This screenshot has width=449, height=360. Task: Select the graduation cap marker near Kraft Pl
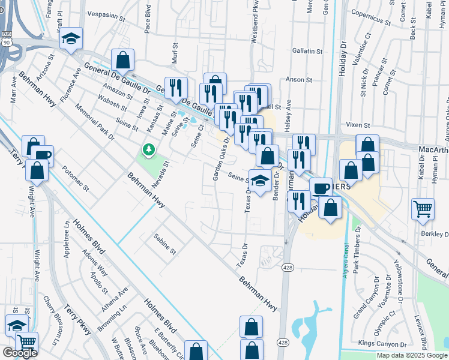(x=71, y=39)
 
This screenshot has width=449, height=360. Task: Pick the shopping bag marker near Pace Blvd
(x=122, y=61)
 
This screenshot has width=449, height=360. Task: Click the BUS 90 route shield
(x=5, y=39)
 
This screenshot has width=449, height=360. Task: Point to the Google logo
(x=20, y=353)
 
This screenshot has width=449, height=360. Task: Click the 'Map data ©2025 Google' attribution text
(x=412, y=355)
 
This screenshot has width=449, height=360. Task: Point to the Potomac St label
(x=76, y=179)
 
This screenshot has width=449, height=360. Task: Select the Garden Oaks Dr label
(x=221, y=159)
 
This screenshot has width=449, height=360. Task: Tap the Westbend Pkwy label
(x=255, y=47)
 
